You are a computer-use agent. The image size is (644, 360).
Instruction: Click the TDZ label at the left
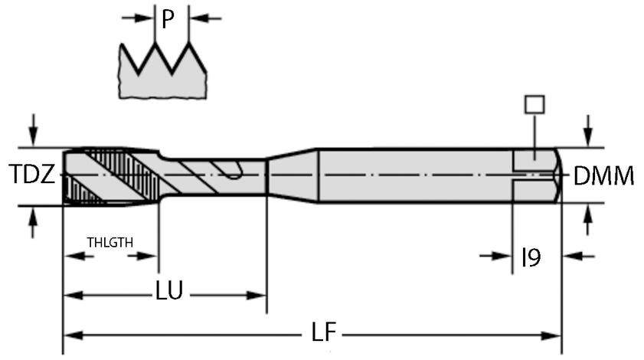[x=31, y=175]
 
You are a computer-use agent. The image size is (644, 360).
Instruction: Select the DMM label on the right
[x=604, y=177]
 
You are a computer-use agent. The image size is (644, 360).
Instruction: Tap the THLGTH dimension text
[x=110, y=242]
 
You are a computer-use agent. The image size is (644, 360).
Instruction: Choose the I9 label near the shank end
[x=531, y=257]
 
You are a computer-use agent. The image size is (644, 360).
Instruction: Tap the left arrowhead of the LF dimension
[x=72, y=335]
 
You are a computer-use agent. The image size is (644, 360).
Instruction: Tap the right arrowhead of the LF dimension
[x=553, y=335]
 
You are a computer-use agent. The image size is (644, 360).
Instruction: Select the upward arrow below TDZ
[x=31, y=222]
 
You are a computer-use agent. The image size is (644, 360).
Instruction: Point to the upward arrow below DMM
[x=587, y=221]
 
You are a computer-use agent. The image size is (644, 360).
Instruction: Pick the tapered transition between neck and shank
[x=292, y=175]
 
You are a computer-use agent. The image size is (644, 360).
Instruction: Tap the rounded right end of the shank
[x=557, y=175]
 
